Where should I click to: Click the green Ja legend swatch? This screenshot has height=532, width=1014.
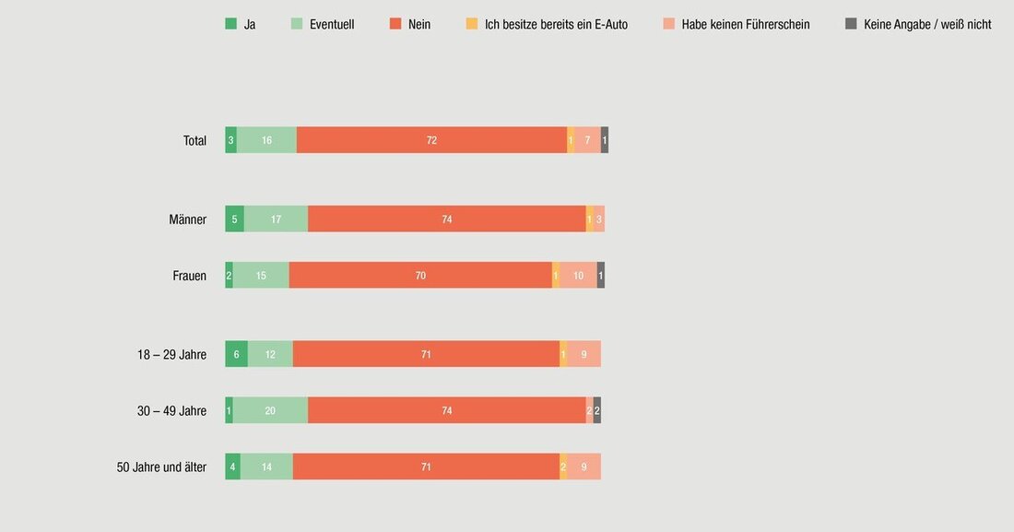230,24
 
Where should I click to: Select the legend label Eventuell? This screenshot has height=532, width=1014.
332,24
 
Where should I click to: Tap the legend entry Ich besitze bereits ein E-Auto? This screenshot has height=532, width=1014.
556,24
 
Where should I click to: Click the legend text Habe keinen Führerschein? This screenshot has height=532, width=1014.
746,24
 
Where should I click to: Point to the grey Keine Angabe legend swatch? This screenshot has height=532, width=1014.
851,24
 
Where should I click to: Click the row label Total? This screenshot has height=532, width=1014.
195,141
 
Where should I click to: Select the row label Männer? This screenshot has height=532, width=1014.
187,219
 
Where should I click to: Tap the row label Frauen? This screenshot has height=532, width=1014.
189,276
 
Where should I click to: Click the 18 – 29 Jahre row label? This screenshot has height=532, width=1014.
171,354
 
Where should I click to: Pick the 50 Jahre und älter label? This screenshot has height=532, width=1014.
161,467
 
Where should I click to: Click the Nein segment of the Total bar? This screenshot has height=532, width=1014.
431,140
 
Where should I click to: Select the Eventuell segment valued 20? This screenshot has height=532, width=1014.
270,410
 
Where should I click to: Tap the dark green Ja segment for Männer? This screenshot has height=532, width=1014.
234,219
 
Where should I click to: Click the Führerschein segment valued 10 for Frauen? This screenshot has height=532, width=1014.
578,275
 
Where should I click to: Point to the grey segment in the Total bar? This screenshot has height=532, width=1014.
605,140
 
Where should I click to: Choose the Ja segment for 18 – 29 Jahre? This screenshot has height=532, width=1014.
236,354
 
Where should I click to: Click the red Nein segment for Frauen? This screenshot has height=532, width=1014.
420,275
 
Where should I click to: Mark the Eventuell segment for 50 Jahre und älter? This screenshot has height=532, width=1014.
266,467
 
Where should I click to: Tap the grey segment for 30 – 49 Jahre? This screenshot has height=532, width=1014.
597,410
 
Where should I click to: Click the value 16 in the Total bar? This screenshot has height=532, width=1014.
266,140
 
